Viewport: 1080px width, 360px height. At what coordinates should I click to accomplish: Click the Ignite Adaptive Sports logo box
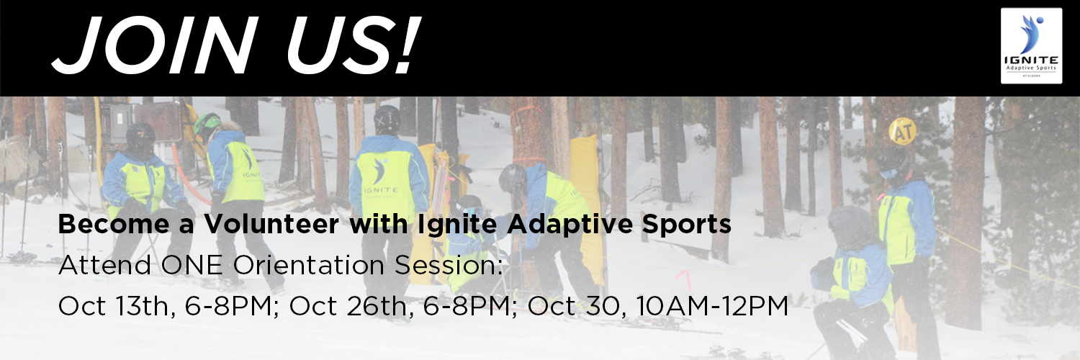coord(1031,45)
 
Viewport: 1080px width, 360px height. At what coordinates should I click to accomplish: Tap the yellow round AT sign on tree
coord(902,131)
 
